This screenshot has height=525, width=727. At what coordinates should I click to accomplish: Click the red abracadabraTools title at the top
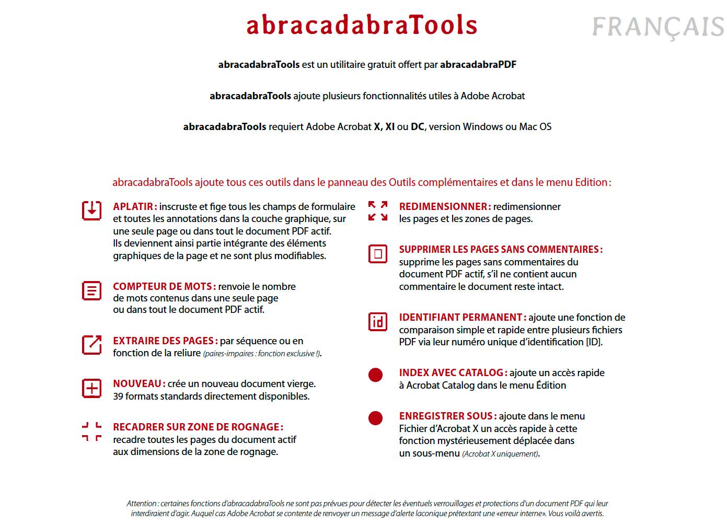click(362, 25)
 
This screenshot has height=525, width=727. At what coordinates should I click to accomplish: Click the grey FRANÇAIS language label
click(658, 27)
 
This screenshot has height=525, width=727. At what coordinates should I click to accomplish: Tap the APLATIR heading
click(134, 207)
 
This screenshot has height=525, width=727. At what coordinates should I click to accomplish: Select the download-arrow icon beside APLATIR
click(91, 210)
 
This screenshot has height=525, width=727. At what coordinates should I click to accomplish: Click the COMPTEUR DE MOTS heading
click(164, 287)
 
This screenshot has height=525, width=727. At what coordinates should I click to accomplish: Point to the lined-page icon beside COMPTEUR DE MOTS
click(91, 290)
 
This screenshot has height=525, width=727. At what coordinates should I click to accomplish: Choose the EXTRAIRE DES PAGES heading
click(165, 341)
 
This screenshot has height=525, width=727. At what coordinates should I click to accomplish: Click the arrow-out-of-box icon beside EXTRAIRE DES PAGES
click(91, 345)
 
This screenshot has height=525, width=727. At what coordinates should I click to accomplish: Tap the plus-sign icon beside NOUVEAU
click(91, 388)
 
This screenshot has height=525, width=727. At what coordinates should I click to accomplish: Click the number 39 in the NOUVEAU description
click(118, 396)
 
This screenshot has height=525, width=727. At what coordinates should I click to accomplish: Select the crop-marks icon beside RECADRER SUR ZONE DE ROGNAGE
click(91, 432)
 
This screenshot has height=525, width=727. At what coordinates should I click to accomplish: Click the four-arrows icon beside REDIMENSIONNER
click(378, 211)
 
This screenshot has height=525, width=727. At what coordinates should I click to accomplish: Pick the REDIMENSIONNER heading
click(445, 207)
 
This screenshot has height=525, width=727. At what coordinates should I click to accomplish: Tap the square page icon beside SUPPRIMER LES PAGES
click(378, 254)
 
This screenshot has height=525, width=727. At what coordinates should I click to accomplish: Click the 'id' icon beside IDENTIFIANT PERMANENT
click(378, 322)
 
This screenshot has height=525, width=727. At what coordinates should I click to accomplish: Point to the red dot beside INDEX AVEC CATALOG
click(375, 375)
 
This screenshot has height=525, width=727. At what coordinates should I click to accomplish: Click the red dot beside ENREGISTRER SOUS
click(375, 418)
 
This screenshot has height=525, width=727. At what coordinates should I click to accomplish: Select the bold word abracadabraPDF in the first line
click(478, 65)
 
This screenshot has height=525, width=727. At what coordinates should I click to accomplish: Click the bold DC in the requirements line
click(418, 127)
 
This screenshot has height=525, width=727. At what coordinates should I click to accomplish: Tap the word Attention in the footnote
click(142, 504)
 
